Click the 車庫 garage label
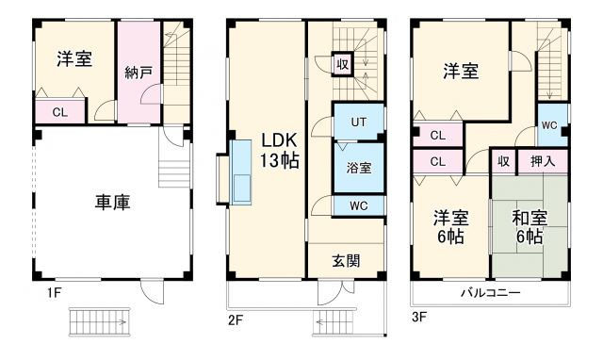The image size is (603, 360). pos(111,201)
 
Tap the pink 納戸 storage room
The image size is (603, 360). pos(139,73)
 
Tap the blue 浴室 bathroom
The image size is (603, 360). pos(358,168)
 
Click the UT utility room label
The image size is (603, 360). pos(359,122)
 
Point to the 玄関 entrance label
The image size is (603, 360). pos(346,260)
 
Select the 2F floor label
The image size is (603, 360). pos(236,320)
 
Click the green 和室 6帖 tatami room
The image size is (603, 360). pos(530,228)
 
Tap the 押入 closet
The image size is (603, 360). pos(543,162)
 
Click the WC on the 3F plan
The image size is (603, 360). pos(548,124)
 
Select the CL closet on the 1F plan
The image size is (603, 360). pos(60,112)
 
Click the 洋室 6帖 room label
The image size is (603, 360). pos(448,227)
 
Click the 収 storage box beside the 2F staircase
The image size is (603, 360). pos(345,65)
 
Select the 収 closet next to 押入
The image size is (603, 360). pos(504,162)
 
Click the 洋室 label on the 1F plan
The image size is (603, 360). pos(73,58)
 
